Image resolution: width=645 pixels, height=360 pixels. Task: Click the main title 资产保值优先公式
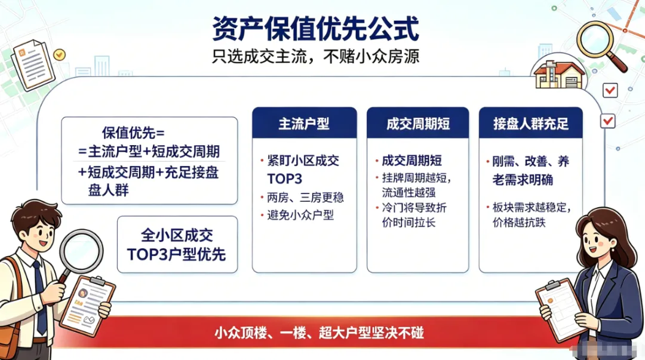click(315, 29)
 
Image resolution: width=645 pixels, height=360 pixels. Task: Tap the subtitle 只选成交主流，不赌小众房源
click(315, 56)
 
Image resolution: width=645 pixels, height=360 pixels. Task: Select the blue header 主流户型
click(304, 124)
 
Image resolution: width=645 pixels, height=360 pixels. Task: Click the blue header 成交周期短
click(417, 124)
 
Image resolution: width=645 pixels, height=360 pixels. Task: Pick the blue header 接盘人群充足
click(531, 124)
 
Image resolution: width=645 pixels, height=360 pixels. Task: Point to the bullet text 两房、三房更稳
click(305, 198)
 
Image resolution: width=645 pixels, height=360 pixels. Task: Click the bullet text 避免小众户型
click(300, 215)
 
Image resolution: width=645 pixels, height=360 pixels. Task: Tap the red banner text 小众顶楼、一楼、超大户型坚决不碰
click(319, 333)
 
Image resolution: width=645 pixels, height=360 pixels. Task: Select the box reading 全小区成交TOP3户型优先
click(177, 245)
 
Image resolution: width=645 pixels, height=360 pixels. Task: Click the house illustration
click(559, 75)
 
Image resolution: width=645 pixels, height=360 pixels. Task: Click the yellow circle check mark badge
click(60, 54)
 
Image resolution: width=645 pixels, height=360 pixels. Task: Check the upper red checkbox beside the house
click(610, 90)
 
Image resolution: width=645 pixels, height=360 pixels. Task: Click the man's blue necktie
click(40, 296)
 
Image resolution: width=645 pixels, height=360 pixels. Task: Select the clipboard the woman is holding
click(560, 309)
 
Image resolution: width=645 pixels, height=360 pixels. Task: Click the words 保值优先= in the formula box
click(133, 133)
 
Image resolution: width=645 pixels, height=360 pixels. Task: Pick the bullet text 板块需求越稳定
click(532, 207)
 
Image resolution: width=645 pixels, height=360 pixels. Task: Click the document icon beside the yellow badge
click(33, 64)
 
